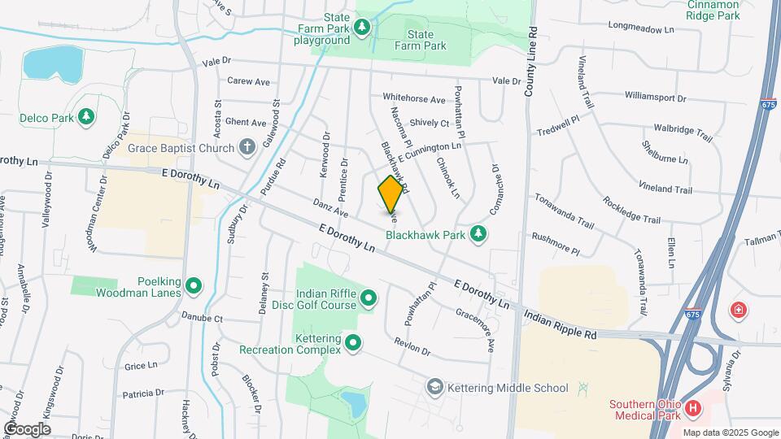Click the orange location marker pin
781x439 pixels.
pos(390,193)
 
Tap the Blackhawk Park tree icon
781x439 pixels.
pos(480,234)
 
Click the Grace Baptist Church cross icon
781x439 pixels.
pos(247,147)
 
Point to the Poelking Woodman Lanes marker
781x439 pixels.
pos(194,285)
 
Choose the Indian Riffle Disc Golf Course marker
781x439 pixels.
pos(369,298)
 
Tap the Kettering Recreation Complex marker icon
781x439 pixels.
pos(353,343)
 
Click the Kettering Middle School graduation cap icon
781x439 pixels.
pos(435,386)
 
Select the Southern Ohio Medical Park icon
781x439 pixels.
pos(692,407)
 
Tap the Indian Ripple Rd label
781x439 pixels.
pos(560,324)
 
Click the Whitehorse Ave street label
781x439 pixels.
pos(414,99)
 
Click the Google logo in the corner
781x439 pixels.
pos(27,428)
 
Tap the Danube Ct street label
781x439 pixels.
pos(202,317)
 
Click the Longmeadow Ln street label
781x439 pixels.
pos(641,29)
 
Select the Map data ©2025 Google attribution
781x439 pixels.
pos(731,432)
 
